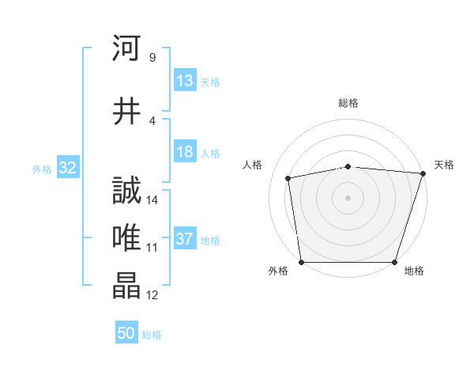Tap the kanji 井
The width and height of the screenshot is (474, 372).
click(x=126, y=112)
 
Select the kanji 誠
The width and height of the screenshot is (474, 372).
click(x=126, y=192)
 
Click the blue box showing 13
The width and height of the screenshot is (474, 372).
click(x=185, y=82)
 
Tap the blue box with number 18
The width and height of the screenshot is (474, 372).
click(x=185, y=153)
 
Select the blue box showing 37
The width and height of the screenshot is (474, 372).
click(x=185, y=240)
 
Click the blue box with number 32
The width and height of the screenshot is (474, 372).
click(x=67, y=168)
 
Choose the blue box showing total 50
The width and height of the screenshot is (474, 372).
click(x=126, y=334)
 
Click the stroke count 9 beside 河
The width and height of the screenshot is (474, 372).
click(x=152, y=58)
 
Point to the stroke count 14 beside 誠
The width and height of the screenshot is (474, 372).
click(x=152, y=200)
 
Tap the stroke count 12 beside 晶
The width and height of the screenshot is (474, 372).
click(x=152, y=295)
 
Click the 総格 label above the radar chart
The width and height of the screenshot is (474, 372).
click(x=348, y=103)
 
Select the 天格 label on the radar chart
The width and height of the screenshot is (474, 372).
click(x=444, y=165)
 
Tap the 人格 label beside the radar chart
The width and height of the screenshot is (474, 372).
click(x=253, y=165)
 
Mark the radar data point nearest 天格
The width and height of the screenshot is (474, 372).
click(x=423, y=173)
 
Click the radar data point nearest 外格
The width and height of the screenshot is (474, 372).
click(x=301, y=262)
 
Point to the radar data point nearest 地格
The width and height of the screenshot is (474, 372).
click(x=395, y=262)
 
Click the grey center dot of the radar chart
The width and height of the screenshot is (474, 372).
click(x=348, y=197)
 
